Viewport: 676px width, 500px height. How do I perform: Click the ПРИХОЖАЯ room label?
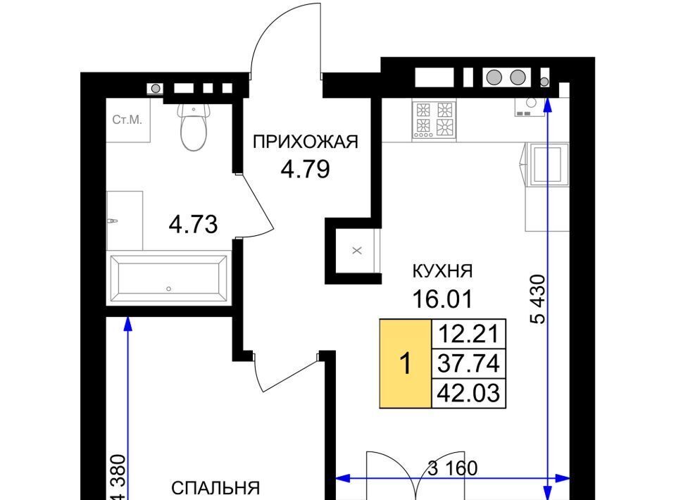[305, 142]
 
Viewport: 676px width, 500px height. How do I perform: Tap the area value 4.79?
[305, 169]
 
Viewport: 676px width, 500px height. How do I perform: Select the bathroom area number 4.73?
[193, 224]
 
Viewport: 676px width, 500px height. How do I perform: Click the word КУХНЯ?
[443, 271]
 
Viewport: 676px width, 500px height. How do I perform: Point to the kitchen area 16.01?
[443, 299]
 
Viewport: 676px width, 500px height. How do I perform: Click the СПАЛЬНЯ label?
[215, 488]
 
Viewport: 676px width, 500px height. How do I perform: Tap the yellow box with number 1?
[406, 364]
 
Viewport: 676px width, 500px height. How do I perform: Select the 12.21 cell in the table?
[469, 333]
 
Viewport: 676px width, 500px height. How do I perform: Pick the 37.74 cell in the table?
[469, 363]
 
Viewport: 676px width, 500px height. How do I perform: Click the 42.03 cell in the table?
[469, 393]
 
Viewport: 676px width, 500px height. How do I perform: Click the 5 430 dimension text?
[539, 299]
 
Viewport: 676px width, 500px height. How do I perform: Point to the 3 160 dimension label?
[453, 468]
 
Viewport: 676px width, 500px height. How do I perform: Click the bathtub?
[168, 278]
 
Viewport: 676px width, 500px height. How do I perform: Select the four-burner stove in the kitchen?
[434, 120]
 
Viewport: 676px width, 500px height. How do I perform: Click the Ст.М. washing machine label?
[127, 120]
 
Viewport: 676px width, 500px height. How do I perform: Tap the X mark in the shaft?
[357, 251]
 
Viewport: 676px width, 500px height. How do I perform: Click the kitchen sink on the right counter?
[548, 165]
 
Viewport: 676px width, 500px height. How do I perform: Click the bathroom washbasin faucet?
[112, 221]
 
